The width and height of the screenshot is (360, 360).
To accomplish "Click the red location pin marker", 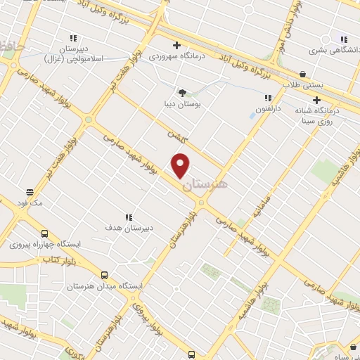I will [181, 165].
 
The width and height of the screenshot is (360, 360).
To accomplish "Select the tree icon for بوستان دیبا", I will [182, 92].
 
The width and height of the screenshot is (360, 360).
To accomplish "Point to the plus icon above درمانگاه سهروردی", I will [176, 46].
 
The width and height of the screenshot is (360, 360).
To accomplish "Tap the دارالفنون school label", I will [267, 110].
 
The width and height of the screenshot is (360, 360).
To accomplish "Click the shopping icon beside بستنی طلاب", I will [302, 73].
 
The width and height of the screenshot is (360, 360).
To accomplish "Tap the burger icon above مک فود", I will [30, 191].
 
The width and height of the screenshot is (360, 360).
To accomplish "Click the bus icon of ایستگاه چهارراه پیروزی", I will [45, 233].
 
